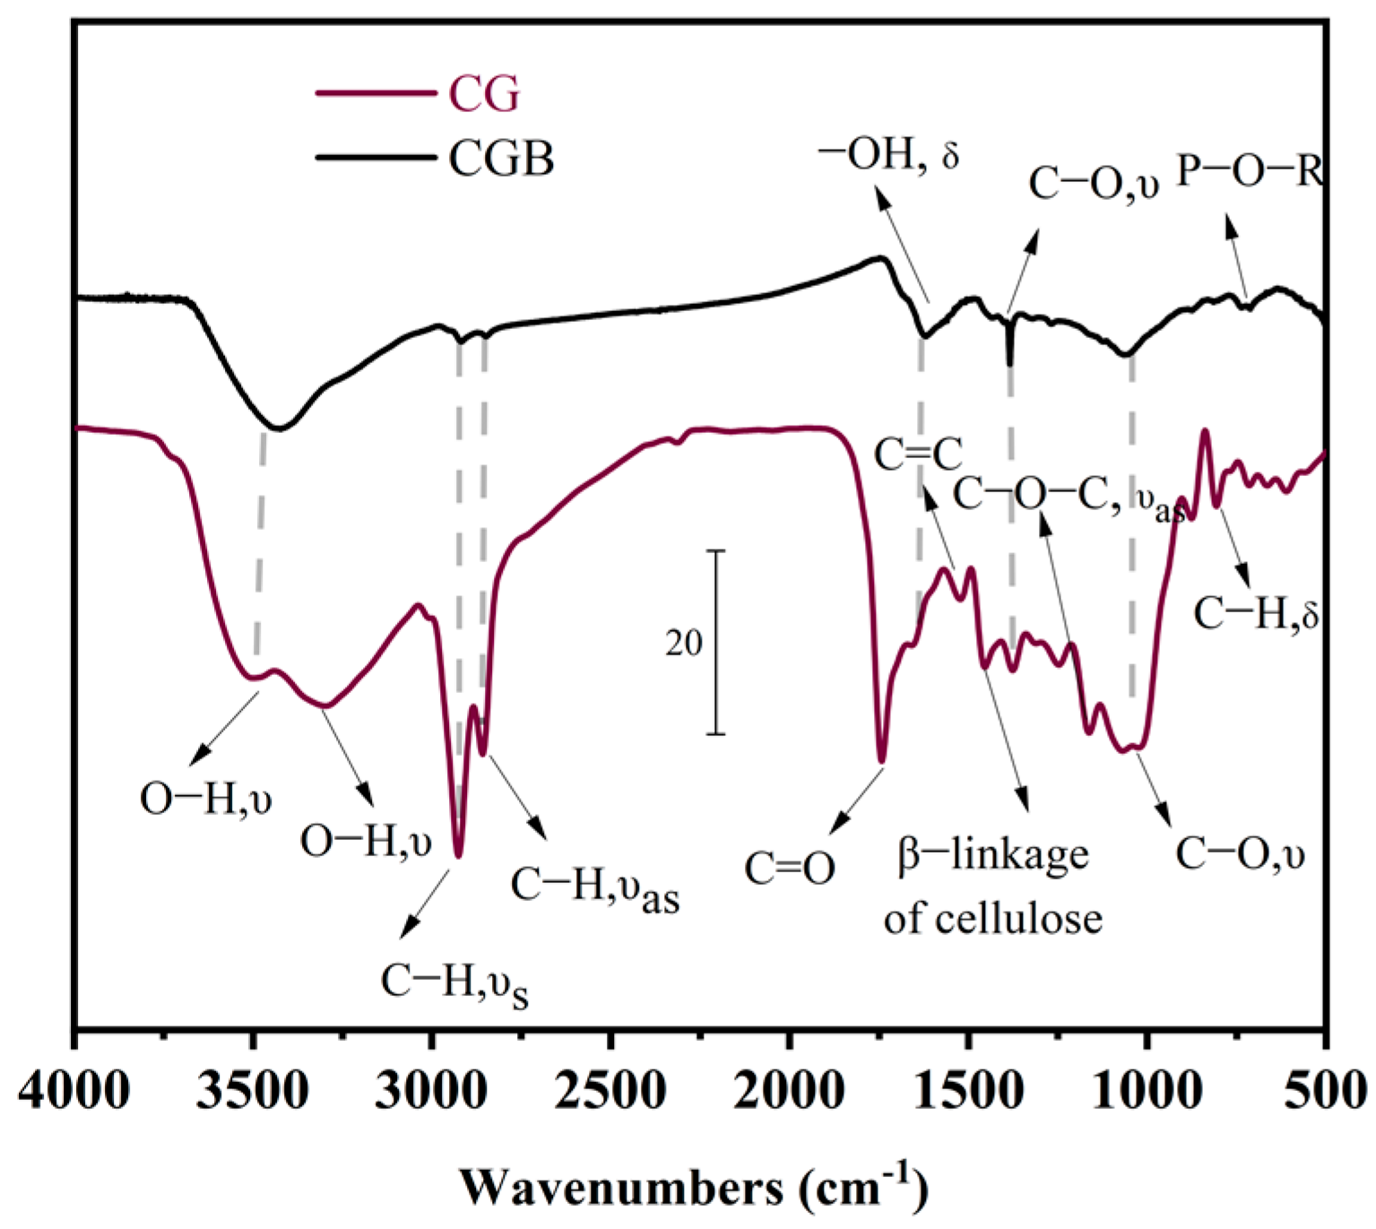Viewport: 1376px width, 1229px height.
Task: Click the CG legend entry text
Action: point(484,94)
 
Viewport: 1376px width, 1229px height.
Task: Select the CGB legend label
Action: point(501,159)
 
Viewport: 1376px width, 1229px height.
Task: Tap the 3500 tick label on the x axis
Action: point(254,1091)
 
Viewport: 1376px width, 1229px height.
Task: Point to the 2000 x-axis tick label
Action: point(789,1091)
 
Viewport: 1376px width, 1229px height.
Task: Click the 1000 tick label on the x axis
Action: point(1147,1091)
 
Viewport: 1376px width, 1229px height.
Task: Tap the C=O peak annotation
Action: point(790,868)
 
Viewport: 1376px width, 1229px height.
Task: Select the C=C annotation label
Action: point(918,455)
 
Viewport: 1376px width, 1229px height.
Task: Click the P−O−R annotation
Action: point(1250,170)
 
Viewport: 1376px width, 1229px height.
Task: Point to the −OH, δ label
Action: point(888,154)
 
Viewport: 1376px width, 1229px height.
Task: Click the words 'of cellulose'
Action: point(992,919)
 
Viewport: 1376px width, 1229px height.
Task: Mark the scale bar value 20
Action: point(684,643)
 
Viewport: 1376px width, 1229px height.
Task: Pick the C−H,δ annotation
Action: point(1256,614)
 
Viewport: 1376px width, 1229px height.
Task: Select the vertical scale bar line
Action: point(715,642)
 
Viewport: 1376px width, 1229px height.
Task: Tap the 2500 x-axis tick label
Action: point(610,1091)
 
